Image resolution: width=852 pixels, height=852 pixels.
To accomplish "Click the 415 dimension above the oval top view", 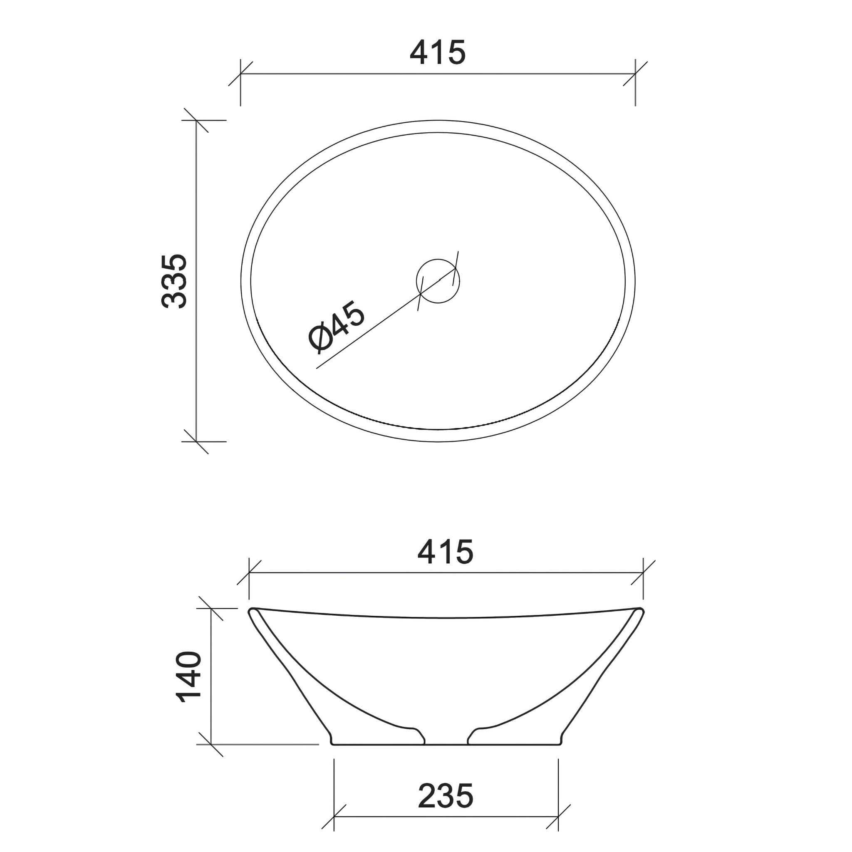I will click(438, 52).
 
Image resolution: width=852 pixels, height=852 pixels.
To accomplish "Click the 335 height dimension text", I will click(175, 281).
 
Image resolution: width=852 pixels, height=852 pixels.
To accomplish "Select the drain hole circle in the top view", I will click(438, 281).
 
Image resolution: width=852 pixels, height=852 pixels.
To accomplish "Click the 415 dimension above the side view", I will click(445, 552).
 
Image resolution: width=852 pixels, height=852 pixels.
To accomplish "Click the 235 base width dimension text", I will click(446, 796).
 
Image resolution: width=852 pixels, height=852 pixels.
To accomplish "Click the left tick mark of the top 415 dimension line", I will click(240, 74).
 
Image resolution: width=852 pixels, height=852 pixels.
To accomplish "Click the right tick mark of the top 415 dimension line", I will click(635, 74).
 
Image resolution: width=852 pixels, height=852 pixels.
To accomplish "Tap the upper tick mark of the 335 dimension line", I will click(196, 120).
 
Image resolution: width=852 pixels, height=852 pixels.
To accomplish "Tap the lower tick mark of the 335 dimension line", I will click(196, 441).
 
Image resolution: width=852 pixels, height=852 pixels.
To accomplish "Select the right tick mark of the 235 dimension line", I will click(558, 816).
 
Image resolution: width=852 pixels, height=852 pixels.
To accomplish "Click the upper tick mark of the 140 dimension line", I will click(211, 608).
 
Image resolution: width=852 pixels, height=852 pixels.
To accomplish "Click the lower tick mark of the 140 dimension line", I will click(211, 744).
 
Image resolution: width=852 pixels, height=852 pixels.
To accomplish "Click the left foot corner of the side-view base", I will click(332, 743).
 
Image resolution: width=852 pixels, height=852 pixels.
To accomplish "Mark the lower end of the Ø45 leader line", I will click(317, 368).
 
